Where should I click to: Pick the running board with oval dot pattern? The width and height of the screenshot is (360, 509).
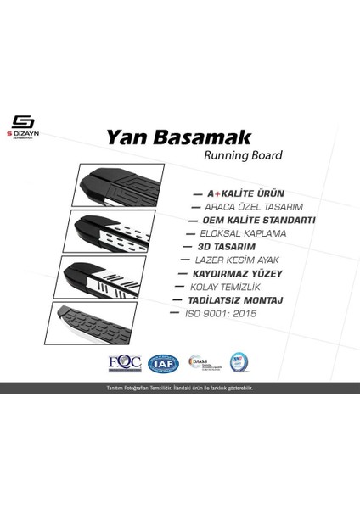tap(104, 230)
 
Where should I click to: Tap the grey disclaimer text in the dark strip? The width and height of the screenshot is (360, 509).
tap(179, 386)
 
